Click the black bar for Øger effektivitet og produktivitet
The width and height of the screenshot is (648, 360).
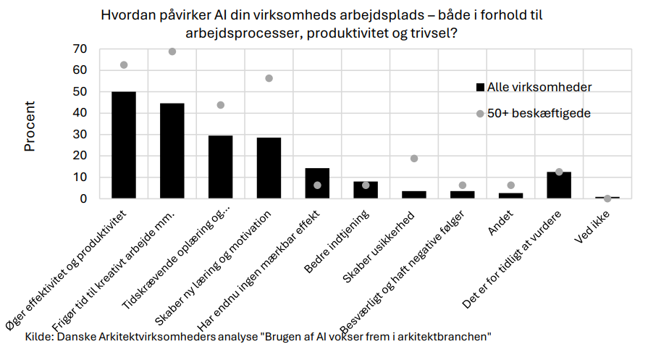tap(124, 145)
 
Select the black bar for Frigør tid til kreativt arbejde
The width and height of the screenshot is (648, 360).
tap(172, 151)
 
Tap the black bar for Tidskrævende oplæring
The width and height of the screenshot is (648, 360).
tap(221, 167)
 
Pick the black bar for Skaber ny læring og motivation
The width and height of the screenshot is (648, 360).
tap(269, 168)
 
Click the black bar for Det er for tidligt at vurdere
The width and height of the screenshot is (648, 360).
tap(559, 185)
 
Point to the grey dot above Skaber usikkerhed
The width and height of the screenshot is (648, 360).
tap(414, 159)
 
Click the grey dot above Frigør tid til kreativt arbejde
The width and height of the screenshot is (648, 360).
tap(172, 51)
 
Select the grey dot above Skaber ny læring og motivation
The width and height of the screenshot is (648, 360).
tap(269, 78)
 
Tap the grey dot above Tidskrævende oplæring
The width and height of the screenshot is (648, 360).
tap(221, 105)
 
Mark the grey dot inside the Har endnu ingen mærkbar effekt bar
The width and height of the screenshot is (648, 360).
tap(317, 185)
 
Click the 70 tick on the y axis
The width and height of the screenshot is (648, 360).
tap(80, 49)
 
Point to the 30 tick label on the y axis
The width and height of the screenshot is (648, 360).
tap(80, 135)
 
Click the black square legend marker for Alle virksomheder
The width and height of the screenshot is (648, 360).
tap(479, 88)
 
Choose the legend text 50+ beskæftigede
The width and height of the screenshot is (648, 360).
tap(539, 114)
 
